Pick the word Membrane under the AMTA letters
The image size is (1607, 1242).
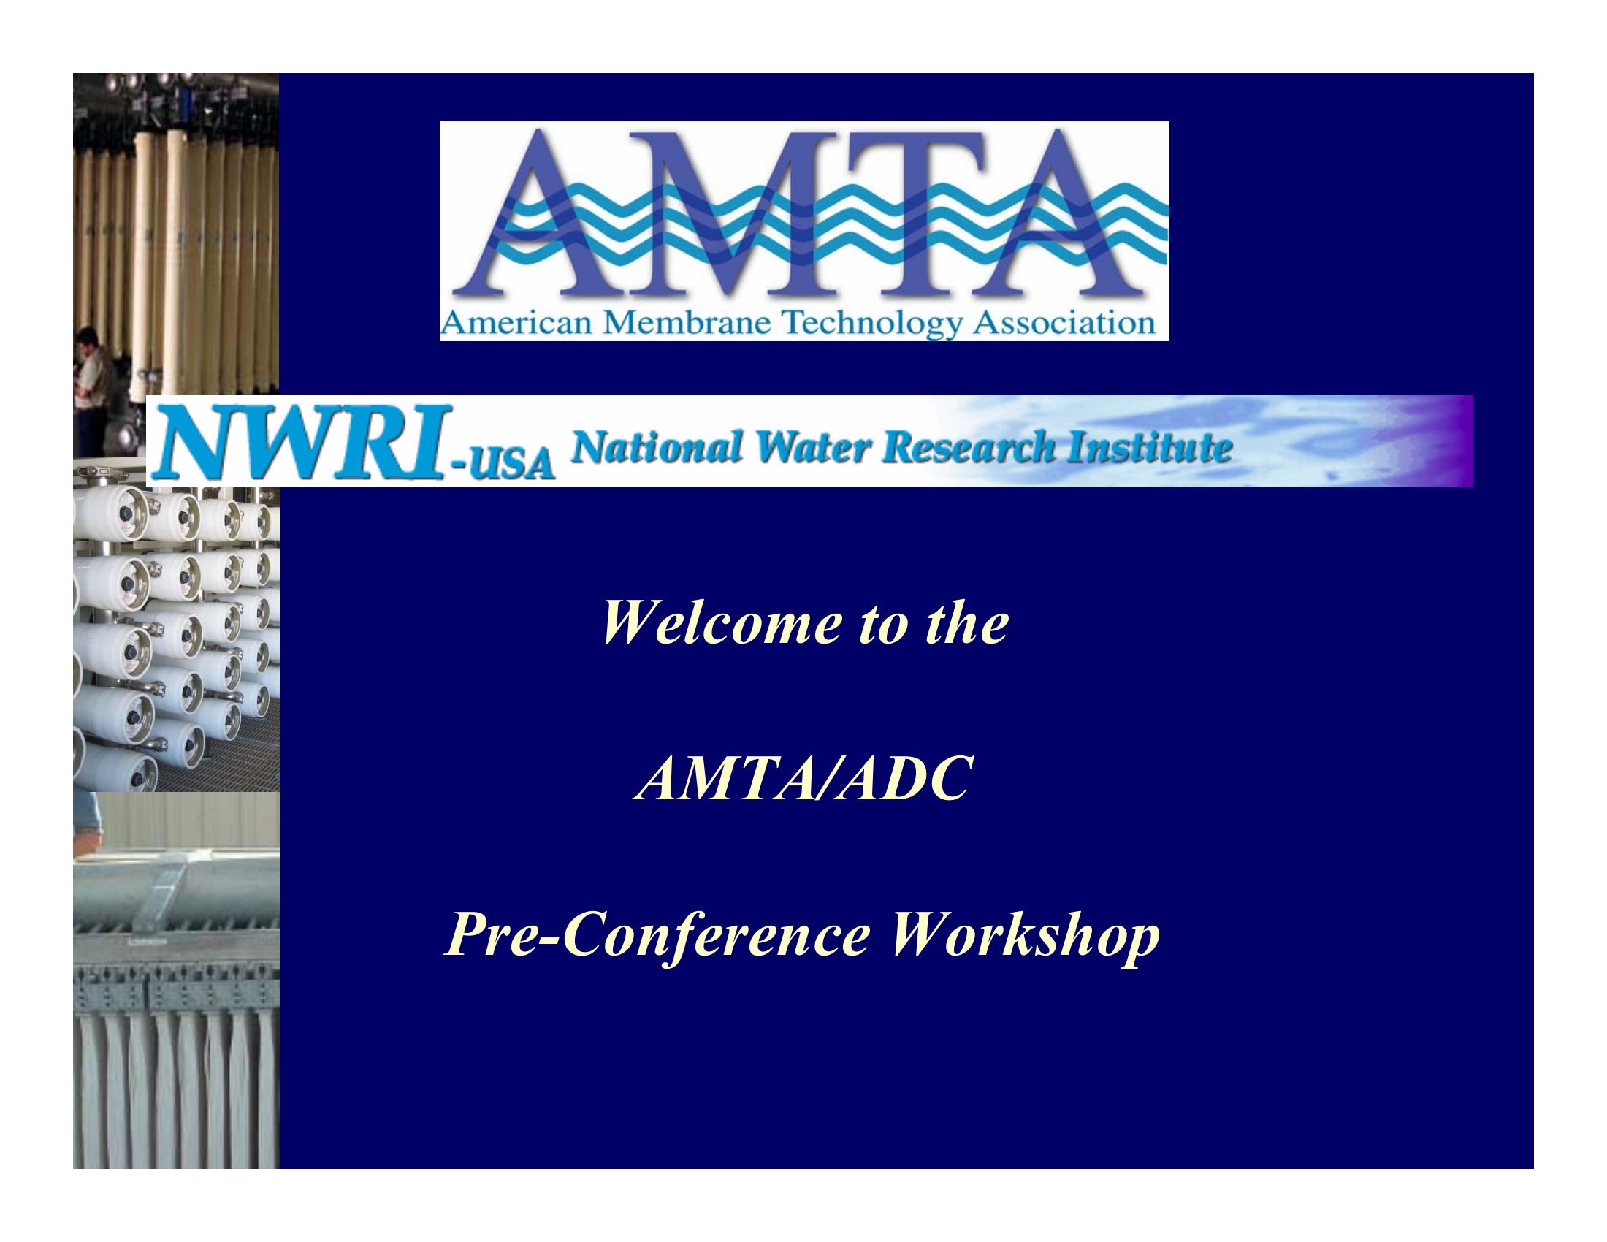pos(690,324)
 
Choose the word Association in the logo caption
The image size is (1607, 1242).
pos(1063,324)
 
